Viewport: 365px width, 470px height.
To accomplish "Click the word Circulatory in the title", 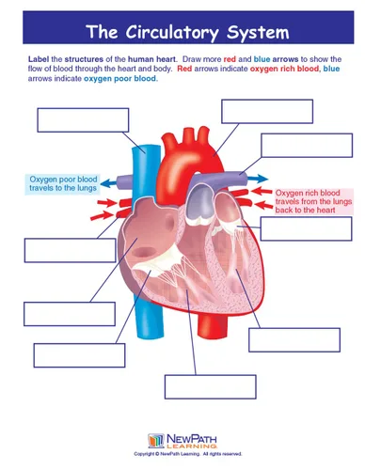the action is [x=172, y=33].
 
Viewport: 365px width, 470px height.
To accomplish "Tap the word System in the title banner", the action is [x=258, y=32].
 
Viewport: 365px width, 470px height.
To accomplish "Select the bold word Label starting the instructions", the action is [x=39, y=59].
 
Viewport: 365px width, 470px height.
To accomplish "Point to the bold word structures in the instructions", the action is [x=84, y=59].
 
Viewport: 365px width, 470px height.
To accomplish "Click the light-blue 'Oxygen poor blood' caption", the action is [x=63, y=184].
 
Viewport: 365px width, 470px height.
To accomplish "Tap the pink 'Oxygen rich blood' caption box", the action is [x=313, y=201].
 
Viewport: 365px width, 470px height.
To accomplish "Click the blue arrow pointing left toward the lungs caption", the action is [x=110, y=182].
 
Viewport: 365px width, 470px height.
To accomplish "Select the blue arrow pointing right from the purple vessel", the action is [x=258, y=179].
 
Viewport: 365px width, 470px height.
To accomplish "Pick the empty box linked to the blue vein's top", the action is [x=83, y=120].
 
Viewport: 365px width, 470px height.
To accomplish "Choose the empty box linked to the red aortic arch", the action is [x=267, y=111].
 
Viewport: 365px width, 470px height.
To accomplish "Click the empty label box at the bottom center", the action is [x=211, y=386].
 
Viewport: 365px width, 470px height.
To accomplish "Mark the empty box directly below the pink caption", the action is [x=307, y=228].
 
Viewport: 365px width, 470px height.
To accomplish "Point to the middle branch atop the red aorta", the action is [x=189, y=135].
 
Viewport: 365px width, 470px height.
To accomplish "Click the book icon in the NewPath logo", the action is [x=156, y=441].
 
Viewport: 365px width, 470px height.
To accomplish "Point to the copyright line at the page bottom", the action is [x=188, y=454].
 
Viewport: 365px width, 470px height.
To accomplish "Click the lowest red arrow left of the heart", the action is [x=101, y=216].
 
